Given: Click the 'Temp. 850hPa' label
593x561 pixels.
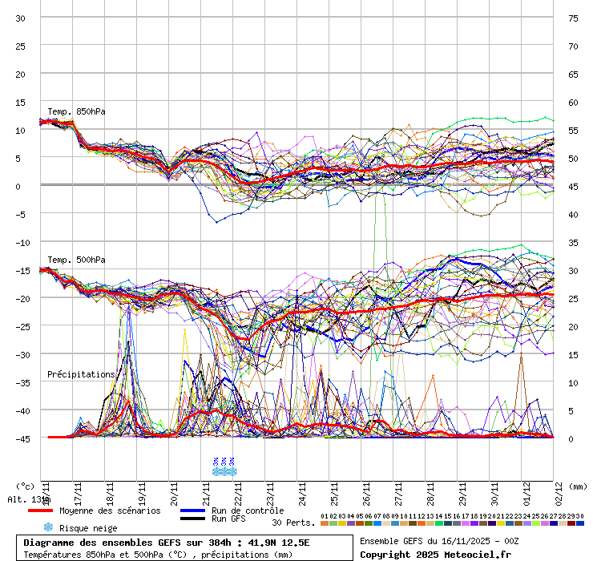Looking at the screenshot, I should [76, 111].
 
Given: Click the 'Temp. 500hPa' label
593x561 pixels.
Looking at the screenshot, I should [76, 260].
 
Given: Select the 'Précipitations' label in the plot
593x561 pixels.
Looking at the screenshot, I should [81, 374].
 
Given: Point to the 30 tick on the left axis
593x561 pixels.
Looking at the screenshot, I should [21, 18].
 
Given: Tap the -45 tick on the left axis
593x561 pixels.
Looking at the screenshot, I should [21, 438].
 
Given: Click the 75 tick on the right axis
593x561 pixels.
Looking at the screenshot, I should [573, 18].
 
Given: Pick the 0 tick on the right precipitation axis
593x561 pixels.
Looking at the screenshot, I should [572, 438].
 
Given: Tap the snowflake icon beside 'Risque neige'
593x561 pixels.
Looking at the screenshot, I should [47, 527].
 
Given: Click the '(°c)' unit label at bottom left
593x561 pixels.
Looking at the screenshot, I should [25, 486].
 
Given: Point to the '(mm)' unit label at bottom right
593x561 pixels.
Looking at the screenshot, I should [579, 486].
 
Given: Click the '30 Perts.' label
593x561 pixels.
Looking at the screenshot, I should [292, 523].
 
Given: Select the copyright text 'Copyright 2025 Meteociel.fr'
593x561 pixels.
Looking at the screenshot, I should [435, 554].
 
